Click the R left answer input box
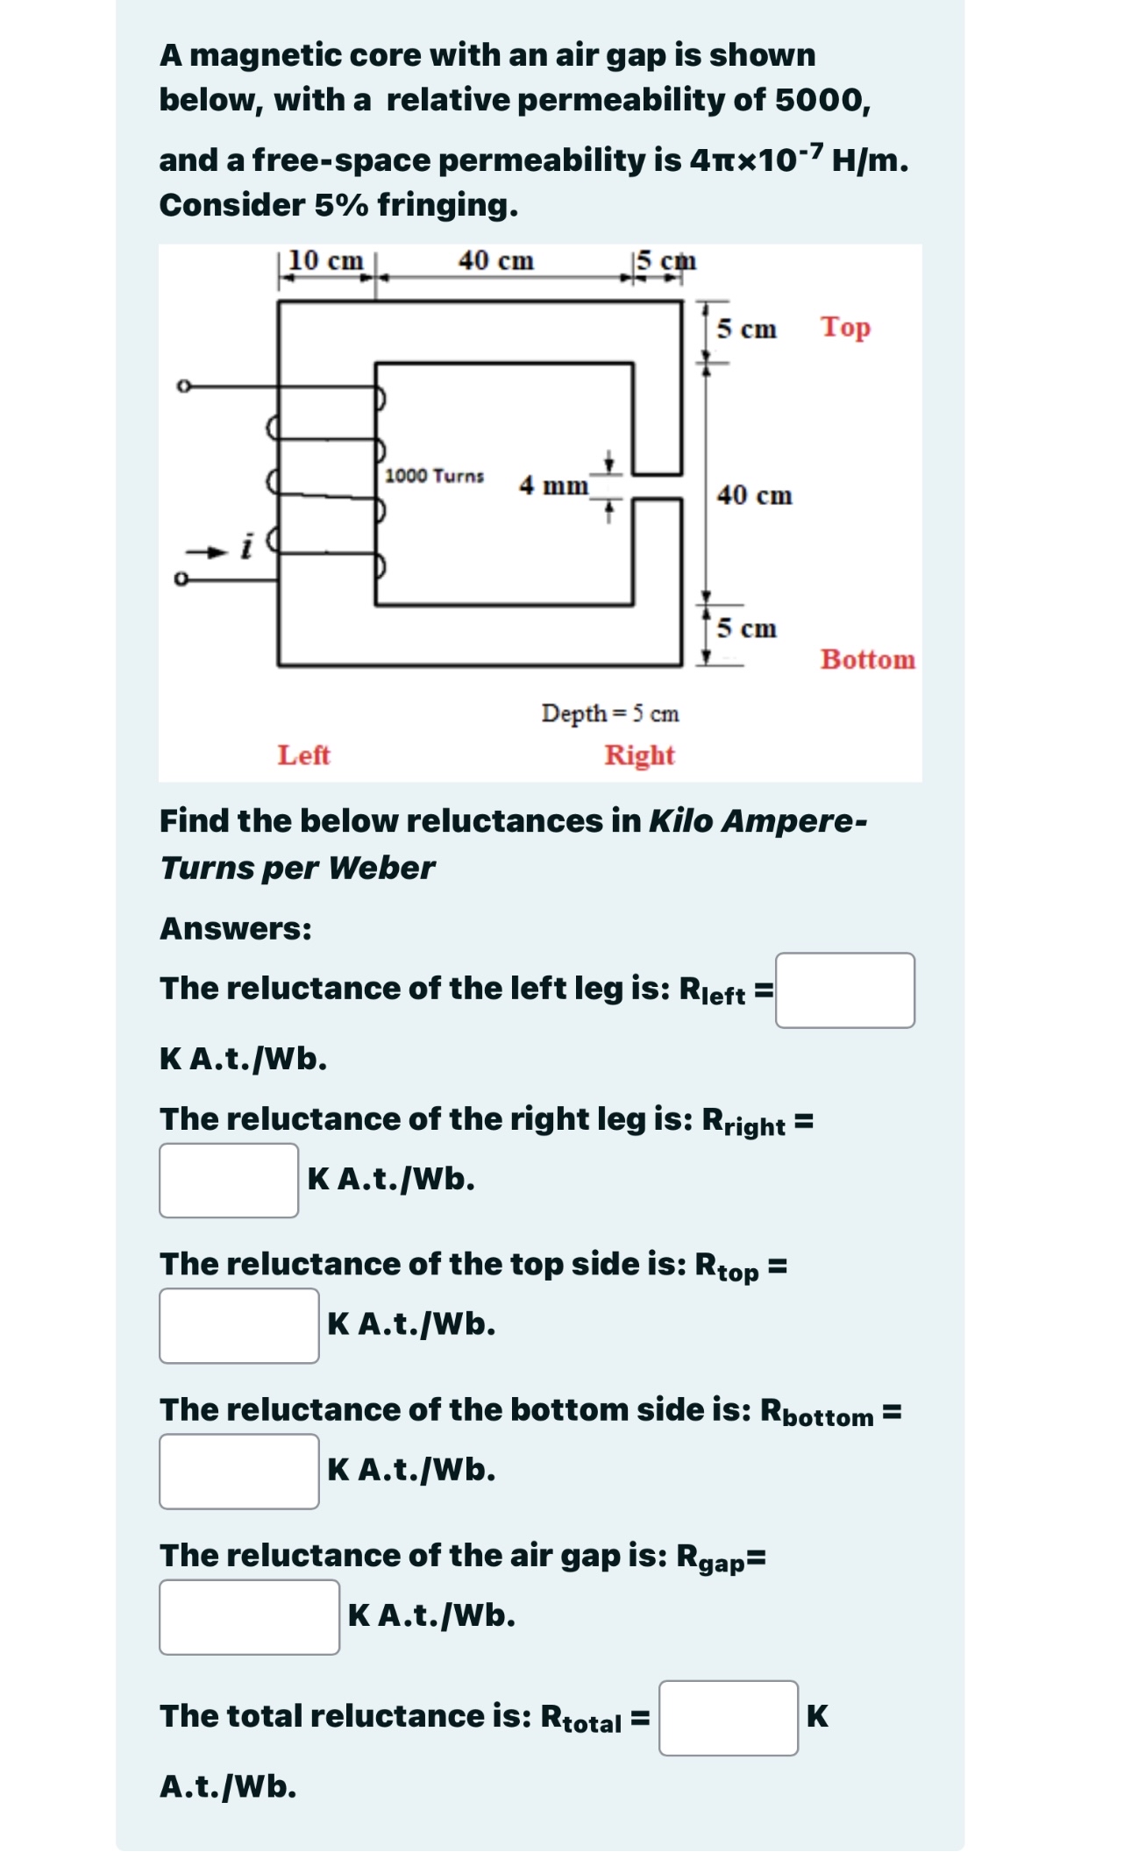point(844,990)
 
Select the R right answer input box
point(229,1180)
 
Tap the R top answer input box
point(238,1325)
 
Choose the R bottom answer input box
point(238,1471)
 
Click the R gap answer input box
point(249,1616)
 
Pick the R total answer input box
point(728,1718)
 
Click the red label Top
point(845,327)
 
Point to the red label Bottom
point(867,659)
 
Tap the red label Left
point(303,755)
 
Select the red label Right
point(639,755)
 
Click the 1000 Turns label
point(434,476)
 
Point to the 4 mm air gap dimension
point(553,485)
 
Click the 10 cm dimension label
point(325,260)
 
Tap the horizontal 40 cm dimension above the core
point(495,260)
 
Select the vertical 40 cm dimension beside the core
point(754,495)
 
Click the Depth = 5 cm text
point(610,713)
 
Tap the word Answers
point(235,928)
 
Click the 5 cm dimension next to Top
point(746,329)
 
